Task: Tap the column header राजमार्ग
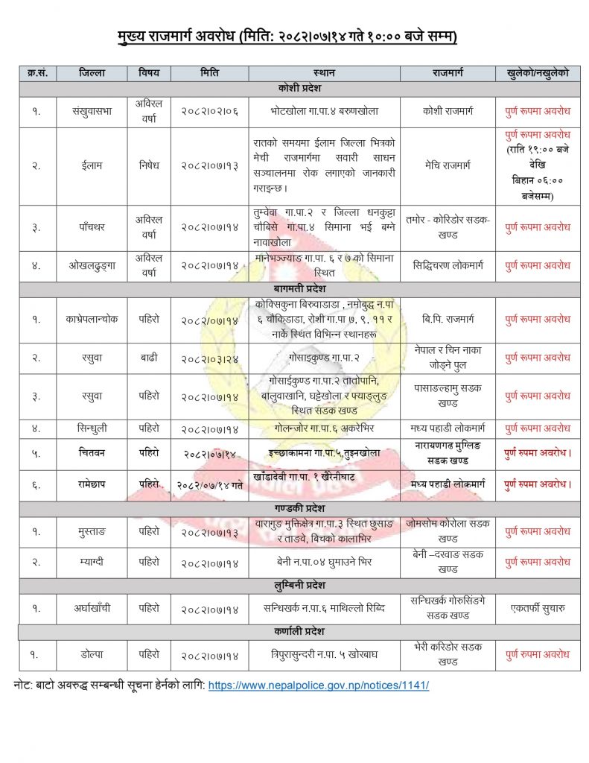pyautogui.click(x=448, y=73)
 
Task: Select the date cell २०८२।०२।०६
pyautogui.click(x=209, y=111)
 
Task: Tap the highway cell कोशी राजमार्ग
pyautogui.click(x=448, y=111)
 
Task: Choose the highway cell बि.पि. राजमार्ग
pyautogui.click(x=448, y=319)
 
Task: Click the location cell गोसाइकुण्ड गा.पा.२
pyautogui.click(x=325, y=358)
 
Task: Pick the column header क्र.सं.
pyautogui.click(x=37, y=73)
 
